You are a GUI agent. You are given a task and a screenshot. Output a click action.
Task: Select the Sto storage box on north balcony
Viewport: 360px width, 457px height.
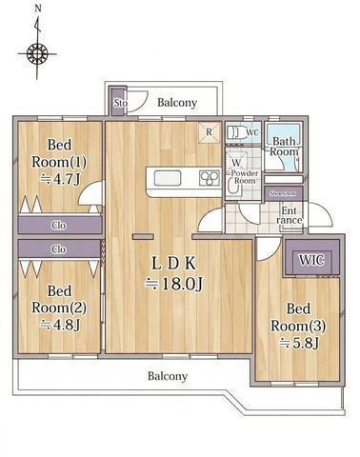120,103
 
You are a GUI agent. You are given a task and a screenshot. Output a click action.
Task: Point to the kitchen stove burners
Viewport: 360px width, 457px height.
209,178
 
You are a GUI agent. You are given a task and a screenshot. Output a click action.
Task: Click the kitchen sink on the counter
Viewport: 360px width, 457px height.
164,178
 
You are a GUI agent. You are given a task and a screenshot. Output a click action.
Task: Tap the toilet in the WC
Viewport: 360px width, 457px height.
236,132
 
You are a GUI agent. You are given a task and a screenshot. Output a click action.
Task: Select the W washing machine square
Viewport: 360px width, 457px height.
234,163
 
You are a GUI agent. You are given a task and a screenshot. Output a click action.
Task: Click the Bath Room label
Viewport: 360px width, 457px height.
285,148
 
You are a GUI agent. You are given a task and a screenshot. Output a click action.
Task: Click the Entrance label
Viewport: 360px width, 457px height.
289,215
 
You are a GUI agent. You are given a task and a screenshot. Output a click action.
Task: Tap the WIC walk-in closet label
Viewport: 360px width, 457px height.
310,259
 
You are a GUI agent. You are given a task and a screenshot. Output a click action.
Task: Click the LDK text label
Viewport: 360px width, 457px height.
171,262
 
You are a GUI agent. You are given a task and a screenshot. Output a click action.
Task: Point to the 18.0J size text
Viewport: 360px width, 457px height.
170,284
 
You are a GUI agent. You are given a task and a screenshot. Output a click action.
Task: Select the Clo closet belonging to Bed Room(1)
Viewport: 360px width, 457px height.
58,226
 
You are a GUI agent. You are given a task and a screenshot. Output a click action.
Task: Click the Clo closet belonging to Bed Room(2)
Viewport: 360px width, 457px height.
58,249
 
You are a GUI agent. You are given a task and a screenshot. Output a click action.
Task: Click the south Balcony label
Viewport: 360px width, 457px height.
167,375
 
